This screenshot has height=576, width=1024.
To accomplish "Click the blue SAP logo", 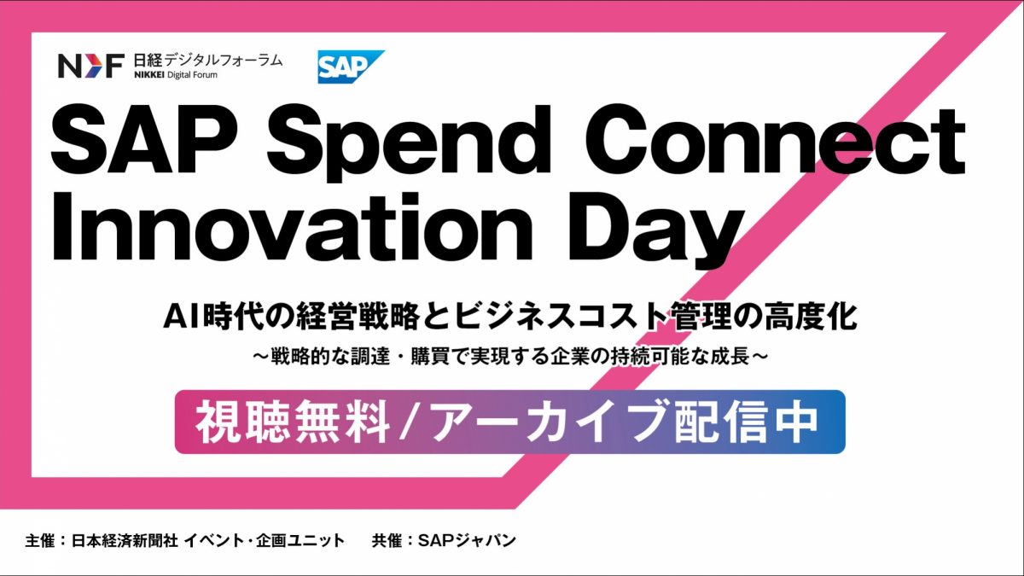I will [x=348, y=67].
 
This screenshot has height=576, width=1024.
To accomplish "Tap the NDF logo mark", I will [x=90, y=66].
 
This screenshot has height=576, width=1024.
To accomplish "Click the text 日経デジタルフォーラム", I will [x=207, y=59].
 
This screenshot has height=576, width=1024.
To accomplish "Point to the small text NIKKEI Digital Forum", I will [x=175, y=76].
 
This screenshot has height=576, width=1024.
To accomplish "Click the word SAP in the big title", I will [x=136, y=141].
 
